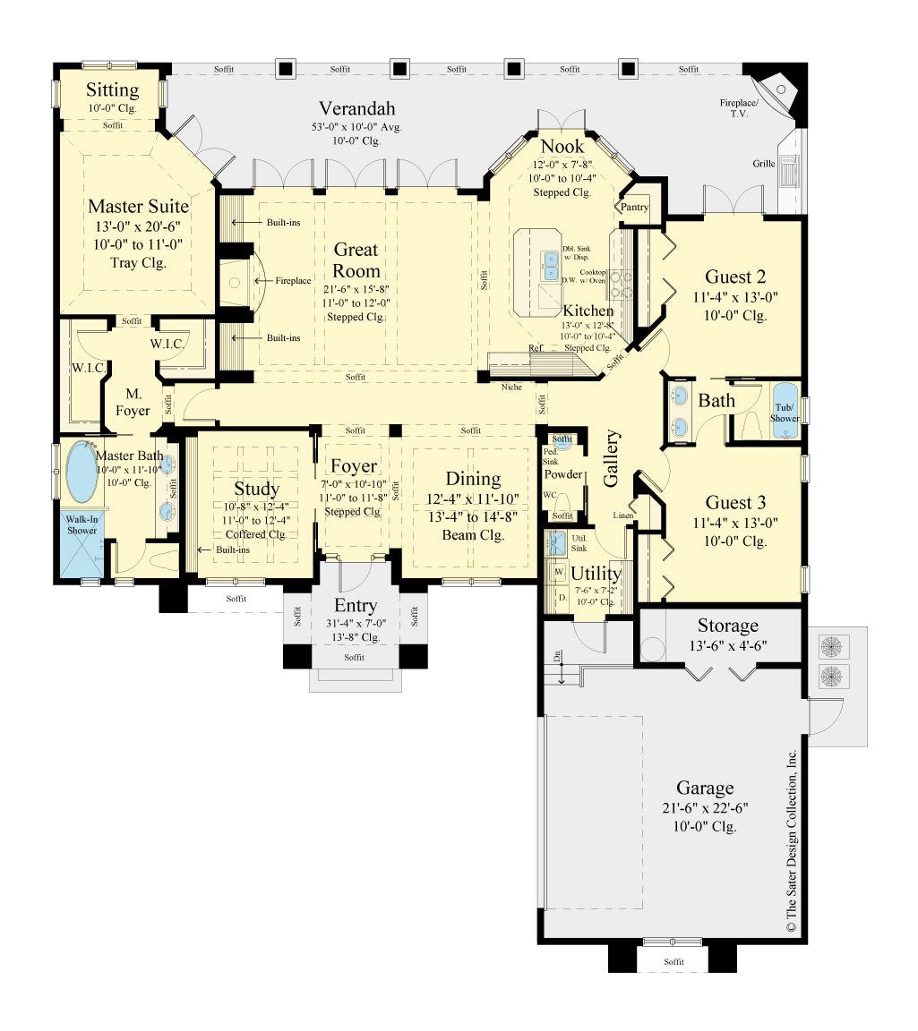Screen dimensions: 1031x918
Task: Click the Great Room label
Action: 356,260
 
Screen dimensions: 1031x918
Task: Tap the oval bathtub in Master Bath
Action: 84,472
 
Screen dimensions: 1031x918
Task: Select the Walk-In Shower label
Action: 80,524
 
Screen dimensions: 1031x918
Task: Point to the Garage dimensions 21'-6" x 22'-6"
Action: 706,807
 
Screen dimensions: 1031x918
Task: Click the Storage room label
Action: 727,626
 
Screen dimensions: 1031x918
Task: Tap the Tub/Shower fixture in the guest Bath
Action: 785,411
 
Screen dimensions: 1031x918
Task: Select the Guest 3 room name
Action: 735,502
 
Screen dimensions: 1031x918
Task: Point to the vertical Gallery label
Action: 613,457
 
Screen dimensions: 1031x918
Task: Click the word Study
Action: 256,489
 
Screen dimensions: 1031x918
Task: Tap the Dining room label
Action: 473,479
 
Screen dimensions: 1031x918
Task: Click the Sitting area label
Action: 112,90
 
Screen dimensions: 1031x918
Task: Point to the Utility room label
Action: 596,573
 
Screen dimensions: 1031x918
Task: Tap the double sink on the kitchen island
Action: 551,264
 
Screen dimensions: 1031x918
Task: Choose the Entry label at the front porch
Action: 356,606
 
